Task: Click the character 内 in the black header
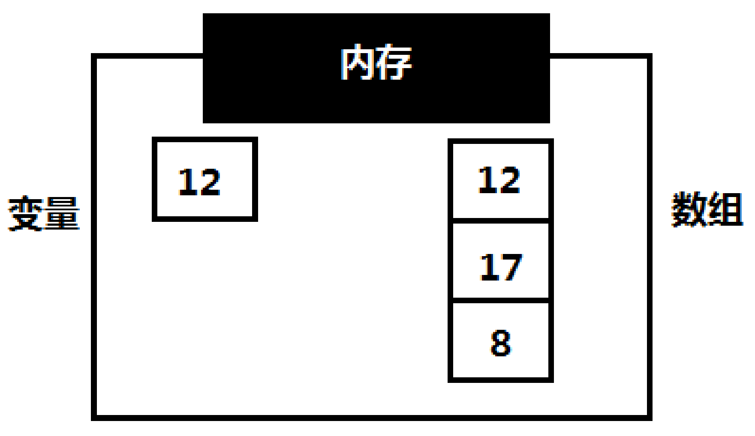coord(358,63)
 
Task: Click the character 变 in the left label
coord(26,214)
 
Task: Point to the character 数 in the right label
coord(689,209)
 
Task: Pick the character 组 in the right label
coord(725,209)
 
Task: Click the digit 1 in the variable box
coord(187,182)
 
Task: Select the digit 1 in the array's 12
coord(487,180)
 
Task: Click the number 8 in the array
coord(500,343)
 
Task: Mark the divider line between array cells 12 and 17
coord(500,221)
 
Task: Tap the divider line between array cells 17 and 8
coord(500,300)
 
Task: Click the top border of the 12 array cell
coord(500,141)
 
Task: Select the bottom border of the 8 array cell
coord(500,379)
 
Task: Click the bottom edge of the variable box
coord(205,219)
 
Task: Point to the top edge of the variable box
coord(205,140)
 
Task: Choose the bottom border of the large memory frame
coord(371,418)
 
